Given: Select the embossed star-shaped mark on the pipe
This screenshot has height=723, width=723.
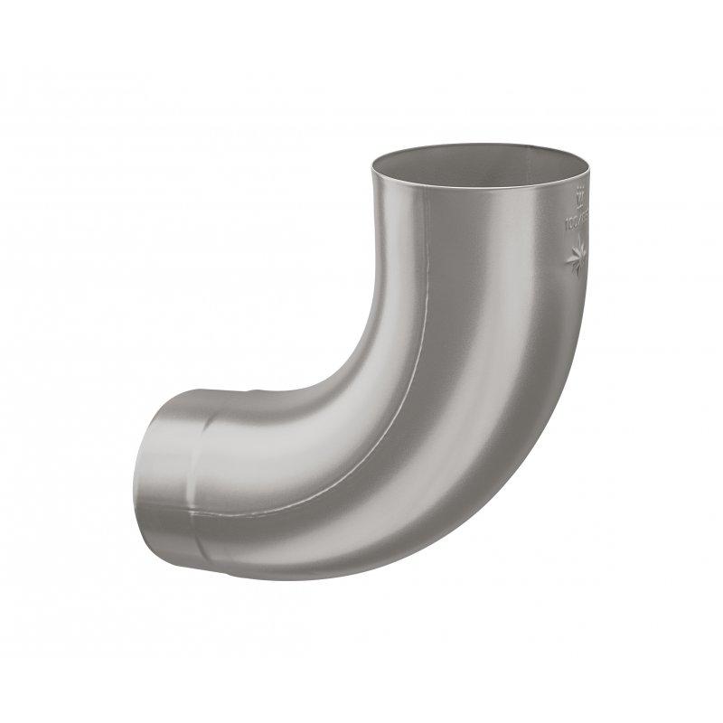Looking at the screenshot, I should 577,260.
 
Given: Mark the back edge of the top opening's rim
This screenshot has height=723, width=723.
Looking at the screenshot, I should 479,146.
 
